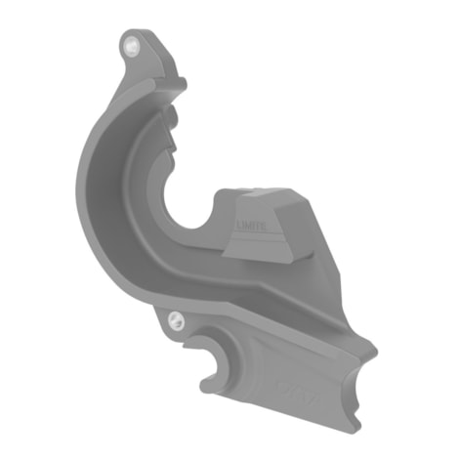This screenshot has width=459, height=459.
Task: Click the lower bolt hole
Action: coord(173,317)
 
